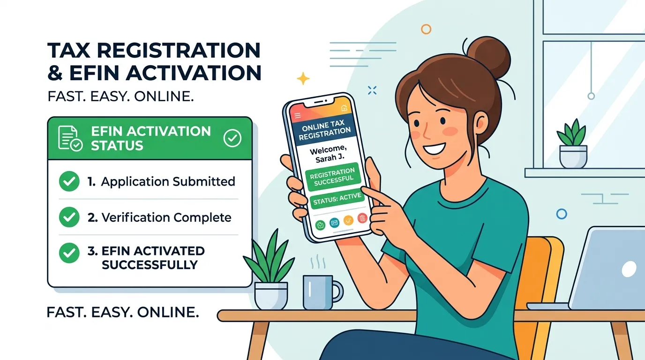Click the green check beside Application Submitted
tap(69, 181)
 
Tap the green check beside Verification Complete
tap(69, 217)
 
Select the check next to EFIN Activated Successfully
tap(69, 253)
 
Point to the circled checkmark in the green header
tap(232, 138)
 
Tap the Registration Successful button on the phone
tap(333, 177)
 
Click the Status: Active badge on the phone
tap(337, 199)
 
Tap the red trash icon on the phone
tap(362, 218)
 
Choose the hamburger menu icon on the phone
tap(298, 116)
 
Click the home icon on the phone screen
tap(344, 108)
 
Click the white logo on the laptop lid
tap(629, 269)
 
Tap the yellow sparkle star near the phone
tap(303, 78)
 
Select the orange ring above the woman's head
tap(426, 29)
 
